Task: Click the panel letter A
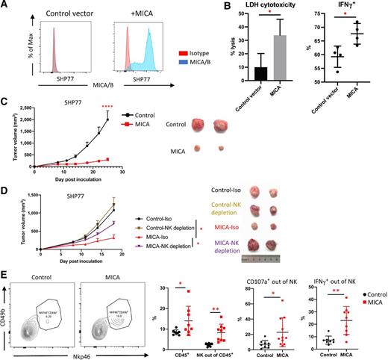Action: point(5,6)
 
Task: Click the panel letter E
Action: point(5,245)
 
